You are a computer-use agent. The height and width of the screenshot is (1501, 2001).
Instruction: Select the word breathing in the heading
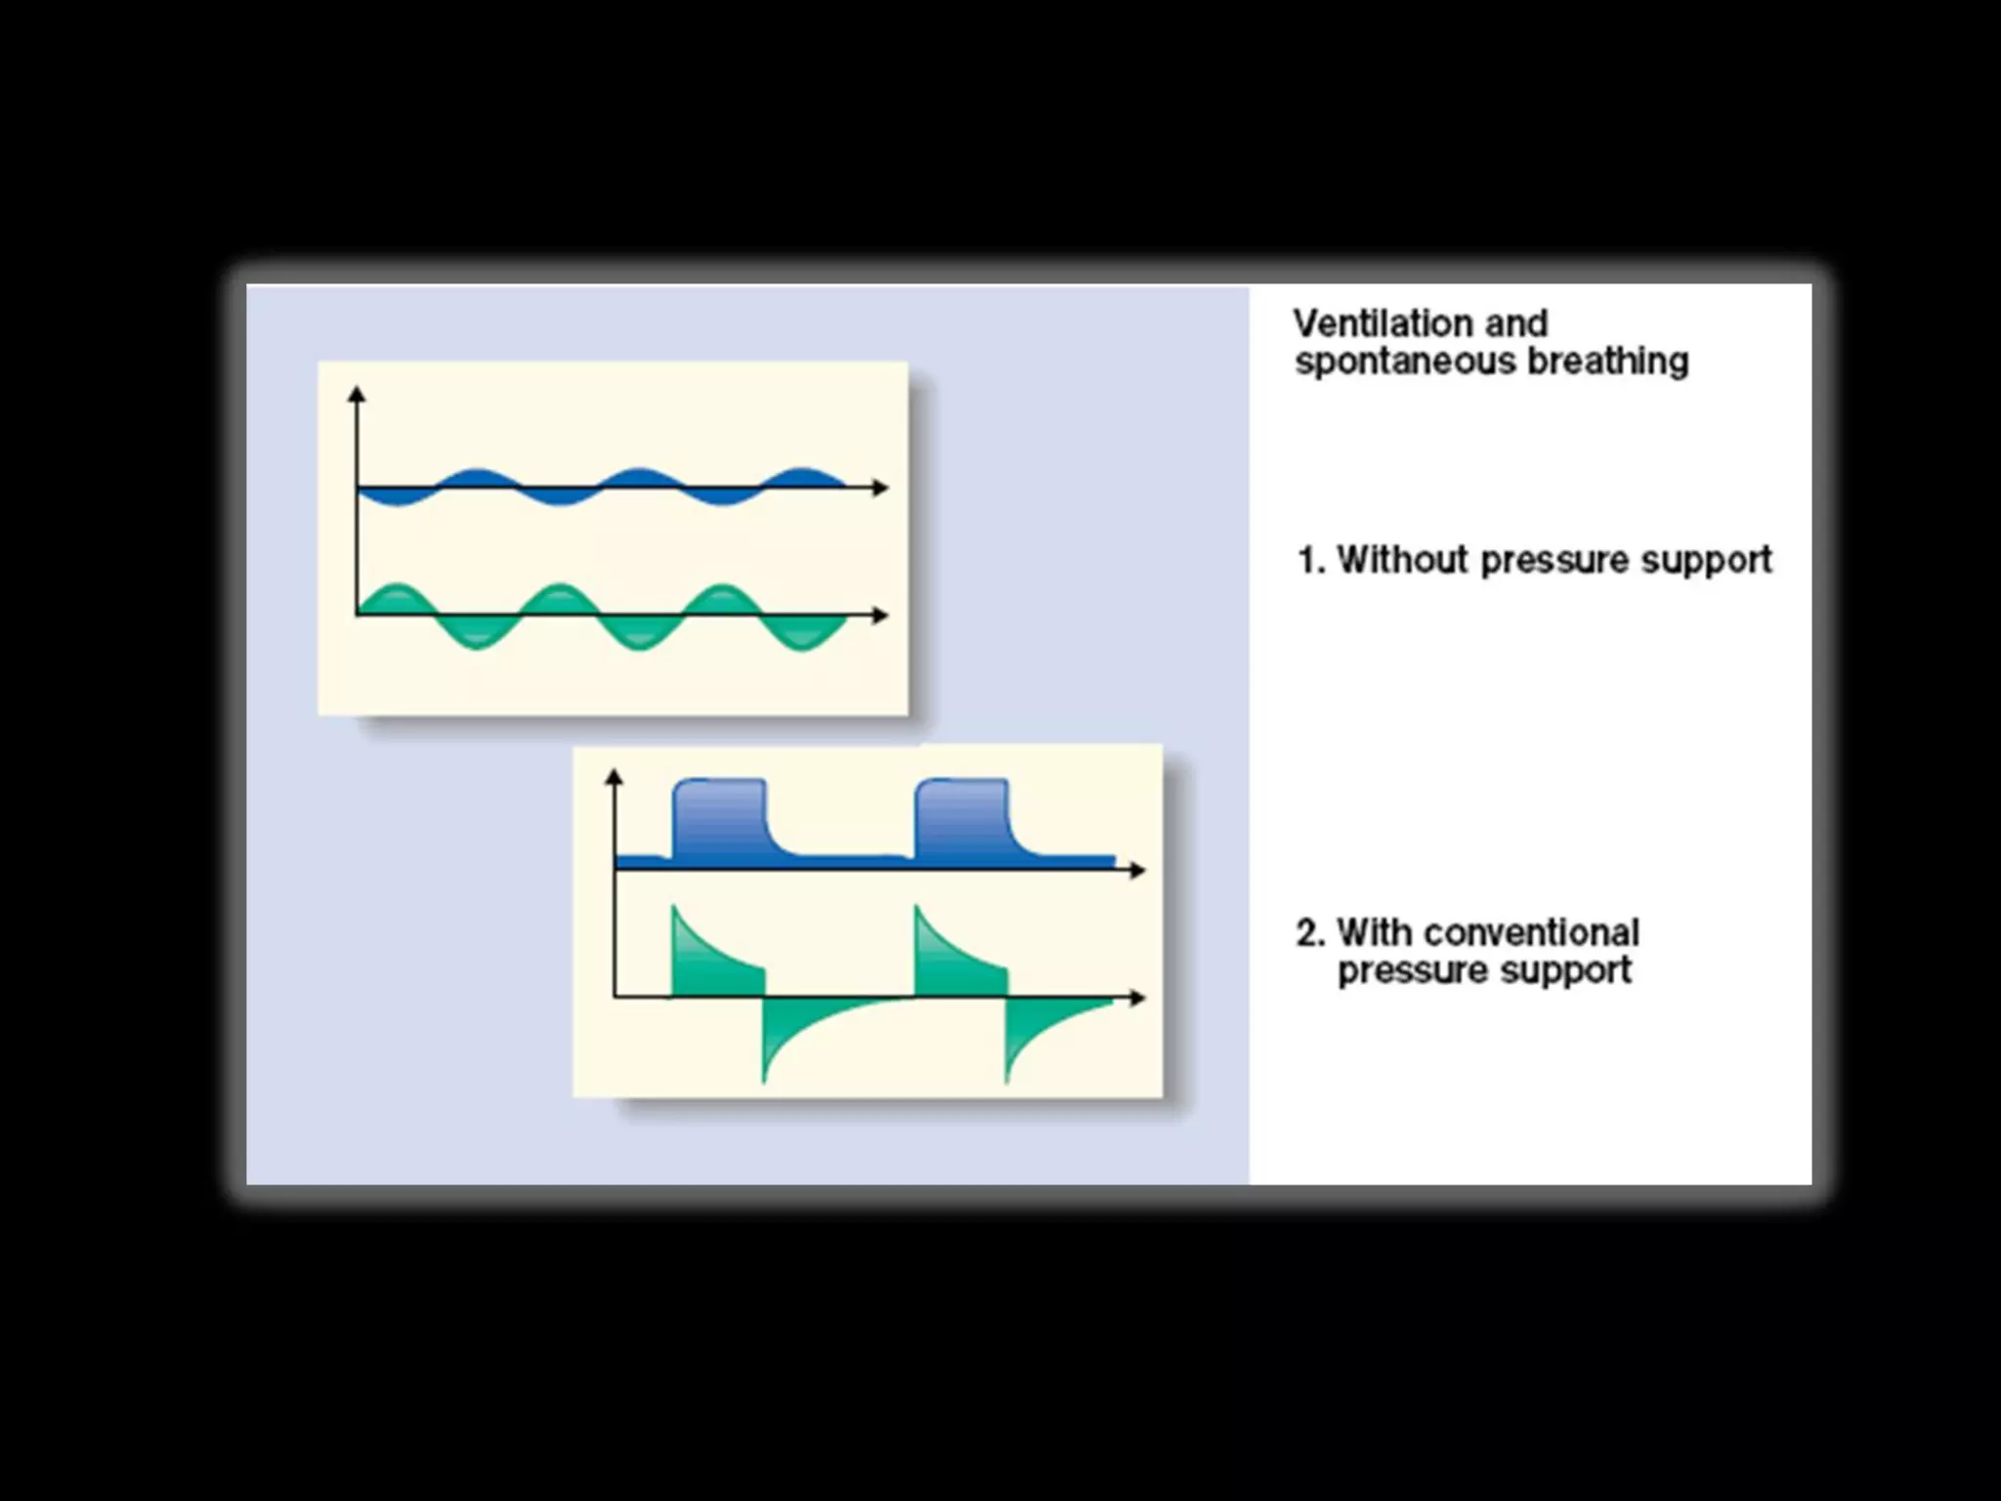tap(1607, 363)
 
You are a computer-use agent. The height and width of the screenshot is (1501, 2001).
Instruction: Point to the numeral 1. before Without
tap(1311, 561)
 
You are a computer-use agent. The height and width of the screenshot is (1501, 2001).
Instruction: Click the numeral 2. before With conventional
tap(1311, 933)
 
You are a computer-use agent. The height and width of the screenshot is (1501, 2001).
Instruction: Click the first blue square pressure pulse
tap(720, 817)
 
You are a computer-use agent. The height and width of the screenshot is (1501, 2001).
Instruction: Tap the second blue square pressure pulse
tap(961, 817)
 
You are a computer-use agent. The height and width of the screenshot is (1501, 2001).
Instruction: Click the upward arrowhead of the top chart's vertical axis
tap(357, 394)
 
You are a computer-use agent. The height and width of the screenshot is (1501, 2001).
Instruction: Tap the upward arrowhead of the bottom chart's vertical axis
tap(614, 777)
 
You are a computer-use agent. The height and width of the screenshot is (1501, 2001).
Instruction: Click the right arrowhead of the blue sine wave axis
tap(881, 488)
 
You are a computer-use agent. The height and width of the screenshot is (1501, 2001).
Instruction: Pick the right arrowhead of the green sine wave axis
tap(881, 615)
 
